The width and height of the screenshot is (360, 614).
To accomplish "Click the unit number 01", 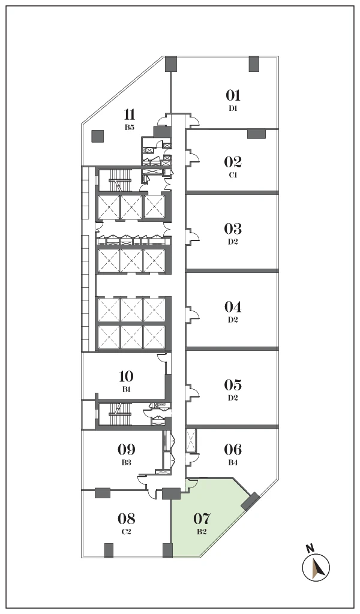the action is (233, 95).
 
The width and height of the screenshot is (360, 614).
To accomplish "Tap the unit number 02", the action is (233, 162).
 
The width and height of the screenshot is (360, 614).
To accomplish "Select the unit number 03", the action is (233, 228).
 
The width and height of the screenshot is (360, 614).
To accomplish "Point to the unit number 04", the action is (233, 306).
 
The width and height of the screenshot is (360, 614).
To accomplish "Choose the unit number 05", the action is (233, 385).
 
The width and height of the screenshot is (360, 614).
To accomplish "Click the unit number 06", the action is (233, 449).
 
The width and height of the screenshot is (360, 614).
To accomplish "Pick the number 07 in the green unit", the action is (202, 519).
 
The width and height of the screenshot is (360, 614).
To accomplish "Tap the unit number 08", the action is (127, 519).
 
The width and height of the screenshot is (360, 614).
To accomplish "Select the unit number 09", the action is (126, 449).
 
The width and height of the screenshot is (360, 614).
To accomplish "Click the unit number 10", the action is (126, 377).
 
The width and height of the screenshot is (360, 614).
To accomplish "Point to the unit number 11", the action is (130, 115).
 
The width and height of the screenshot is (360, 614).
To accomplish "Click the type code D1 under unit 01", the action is (233, 109).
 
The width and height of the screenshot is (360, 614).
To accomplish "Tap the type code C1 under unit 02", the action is (233, 175).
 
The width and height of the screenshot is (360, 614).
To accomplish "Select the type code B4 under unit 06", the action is (233, 462).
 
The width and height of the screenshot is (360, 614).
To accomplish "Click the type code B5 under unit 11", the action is (130, 127).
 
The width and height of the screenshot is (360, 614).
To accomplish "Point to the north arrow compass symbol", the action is (316, 567).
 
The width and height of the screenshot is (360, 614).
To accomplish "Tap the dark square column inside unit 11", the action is (98, 136).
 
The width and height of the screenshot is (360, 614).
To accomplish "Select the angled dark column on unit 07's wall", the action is (250, 502).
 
